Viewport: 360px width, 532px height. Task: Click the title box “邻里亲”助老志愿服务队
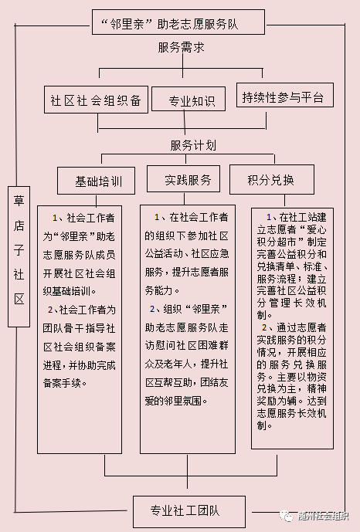click(x=178, y=22)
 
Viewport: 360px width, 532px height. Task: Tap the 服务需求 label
click(x=182, y=48)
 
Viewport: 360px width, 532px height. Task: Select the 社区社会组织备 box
click(x=96, y=100)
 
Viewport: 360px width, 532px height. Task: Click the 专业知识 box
click(x=188, y=99)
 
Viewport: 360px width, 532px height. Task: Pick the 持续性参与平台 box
click(x=284, y=95)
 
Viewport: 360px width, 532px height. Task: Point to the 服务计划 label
click(x=193, y=146)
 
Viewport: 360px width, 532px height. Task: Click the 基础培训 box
click(x=96, y=181)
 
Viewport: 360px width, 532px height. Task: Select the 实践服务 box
click(x=183, y=179)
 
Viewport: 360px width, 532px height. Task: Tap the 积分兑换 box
click(x=272, y=179)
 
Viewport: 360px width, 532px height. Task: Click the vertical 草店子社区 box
click(x=19, y=257)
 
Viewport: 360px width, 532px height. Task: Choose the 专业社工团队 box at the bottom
click(x=189, y=511)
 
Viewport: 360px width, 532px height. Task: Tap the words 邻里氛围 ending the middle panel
click(x=183, y=401)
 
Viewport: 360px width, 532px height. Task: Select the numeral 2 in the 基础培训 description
click(x=50, y=310)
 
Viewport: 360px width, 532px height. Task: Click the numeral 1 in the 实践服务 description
click(x=157, y=218)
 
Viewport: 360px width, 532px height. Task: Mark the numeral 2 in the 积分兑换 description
click(x=264, y=327)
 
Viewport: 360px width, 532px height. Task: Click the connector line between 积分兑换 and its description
click(x=284, y=202)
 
